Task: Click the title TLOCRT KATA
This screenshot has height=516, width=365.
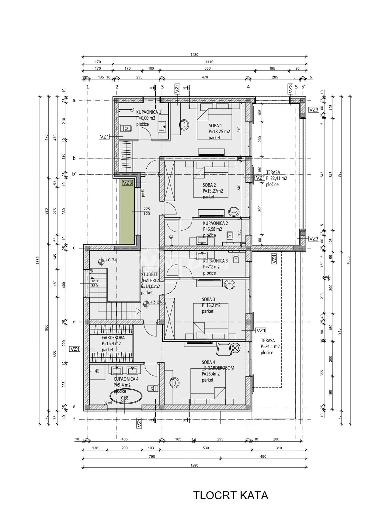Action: tap(231, 495)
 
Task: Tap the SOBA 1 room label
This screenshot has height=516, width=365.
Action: tap(215, 126)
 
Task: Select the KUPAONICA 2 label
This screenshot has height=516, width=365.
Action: tap(215, 223)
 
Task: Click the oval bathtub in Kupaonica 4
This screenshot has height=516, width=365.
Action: tap(126, 397)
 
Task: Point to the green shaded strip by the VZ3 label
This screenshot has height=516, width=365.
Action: tap(127, 215)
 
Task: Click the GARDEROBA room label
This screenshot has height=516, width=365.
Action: tap(113, 337)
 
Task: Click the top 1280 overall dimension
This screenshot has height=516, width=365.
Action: tap(194, 55)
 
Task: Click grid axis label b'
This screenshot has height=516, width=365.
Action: tap(74, 174)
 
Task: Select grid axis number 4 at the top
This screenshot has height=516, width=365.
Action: tap(248, 87)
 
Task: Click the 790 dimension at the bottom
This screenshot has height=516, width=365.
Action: tap(152, 456)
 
